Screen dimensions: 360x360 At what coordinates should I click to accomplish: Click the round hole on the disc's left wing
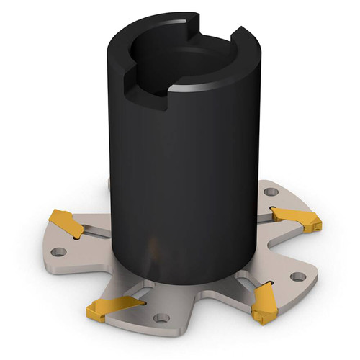coord(59,252)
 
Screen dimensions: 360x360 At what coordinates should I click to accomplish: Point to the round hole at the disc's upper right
coord(271,192)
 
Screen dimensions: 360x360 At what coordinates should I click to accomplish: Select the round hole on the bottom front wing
coord(161,318)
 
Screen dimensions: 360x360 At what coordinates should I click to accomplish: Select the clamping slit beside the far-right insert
coord(270,214)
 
